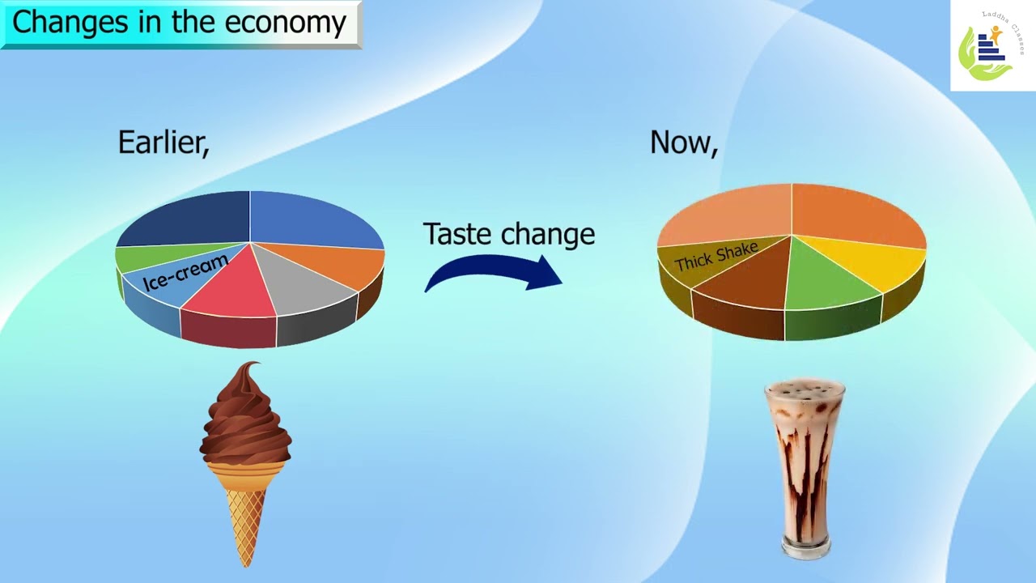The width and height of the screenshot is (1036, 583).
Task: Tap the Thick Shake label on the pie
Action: pos(715,257)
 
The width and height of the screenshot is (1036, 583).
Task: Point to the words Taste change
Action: pos(509,234)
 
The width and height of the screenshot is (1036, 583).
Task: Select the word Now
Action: pos(683,143)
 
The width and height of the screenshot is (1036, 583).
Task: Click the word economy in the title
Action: pos(286,22)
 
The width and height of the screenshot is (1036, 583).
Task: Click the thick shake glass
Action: pos(805,470)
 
